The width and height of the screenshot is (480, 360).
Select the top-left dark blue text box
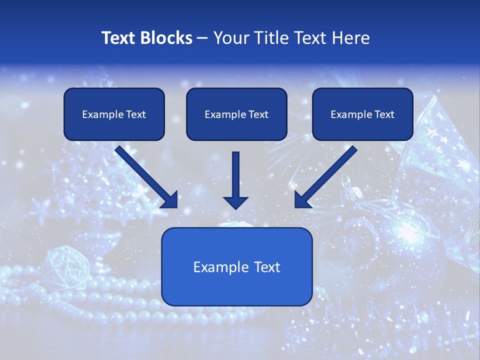(x=114, y=128)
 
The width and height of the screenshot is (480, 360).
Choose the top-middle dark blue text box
(x=236, y=128)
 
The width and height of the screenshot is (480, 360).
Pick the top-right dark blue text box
(x=362, y=128)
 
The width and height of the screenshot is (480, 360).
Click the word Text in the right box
(x=384, y=114)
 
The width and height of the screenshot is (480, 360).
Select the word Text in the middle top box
(x=258, y=114)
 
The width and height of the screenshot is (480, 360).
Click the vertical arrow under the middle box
(x=235, y=175)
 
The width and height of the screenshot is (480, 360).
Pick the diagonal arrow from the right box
(x=327, y=175)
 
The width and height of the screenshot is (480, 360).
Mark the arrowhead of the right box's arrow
(x=302, y=200)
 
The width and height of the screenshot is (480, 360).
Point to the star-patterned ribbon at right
(x=440, y=150)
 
